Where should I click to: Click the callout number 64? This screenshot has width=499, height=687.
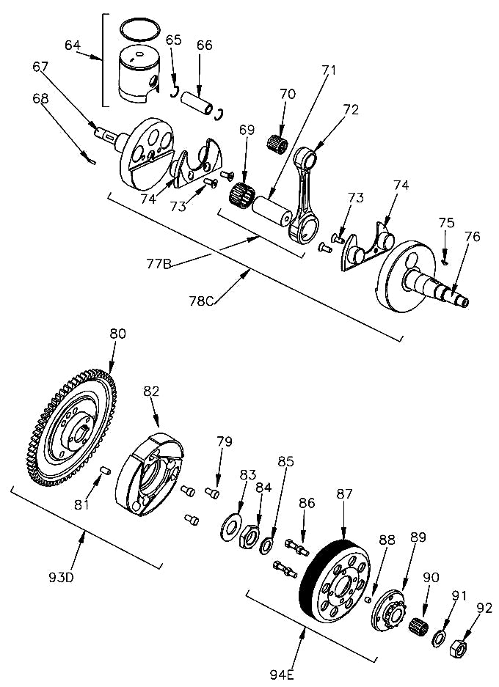(x=73, y=45)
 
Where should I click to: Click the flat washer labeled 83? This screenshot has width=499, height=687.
(x=232, y=526)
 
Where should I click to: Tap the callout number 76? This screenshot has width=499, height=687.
(x=472, y=237)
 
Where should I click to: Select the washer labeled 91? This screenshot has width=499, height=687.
(x=440, y=637)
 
